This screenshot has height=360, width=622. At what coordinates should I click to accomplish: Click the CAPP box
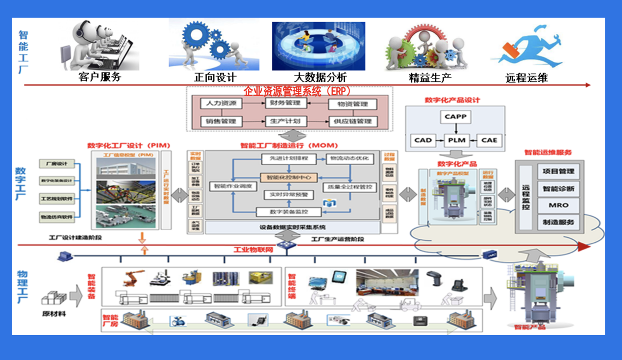[456, 117]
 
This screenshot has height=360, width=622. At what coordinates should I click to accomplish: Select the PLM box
[456, 140]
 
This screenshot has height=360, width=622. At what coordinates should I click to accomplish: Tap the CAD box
[423, 140]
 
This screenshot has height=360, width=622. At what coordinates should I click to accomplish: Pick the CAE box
[489, 140]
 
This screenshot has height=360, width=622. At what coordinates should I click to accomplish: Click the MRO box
[558, 205]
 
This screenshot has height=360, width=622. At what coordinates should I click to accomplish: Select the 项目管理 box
[558, 172]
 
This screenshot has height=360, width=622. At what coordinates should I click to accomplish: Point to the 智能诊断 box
[558, 188]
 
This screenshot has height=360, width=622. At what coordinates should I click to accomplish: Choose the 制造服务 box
[558, 222]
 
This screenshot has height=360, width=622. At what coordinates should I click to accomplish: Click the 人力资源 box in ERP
[222, 103]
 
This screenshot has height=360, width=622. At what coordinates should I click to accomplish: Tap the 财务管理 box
[286, 103]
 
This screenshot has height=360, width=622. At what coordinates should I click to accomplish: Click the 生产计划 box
[286, 121]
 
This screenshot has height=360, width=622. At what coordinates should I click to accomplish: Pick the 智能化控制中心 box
[289, 177]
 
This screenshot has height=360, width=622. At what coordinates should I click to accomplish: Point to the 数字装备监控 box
[289, 212]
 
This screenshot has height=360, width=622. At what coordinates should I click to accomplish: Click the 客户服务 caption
[100, 77]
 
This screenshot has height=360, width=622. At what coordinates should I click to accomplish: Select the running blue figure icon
[526, 47]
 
